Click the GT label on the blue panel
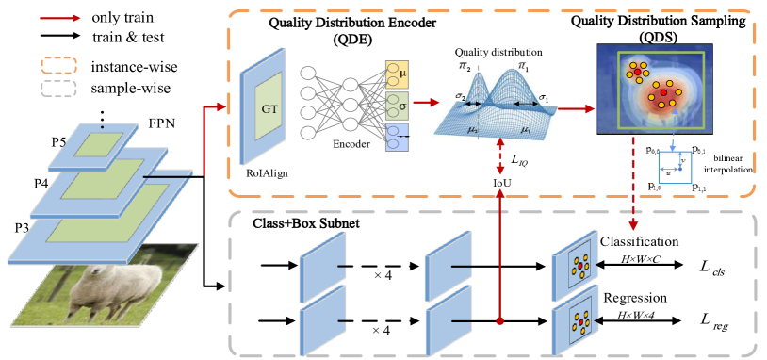click(269, 107)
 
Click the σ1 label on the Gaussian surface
click(544, 98)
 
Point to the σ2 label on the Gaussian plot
click(460, 95)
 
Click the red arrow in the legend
click(60, 18)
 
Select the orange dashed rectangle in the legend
click(58, 65)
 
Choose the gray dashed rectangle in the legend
click(58, 88)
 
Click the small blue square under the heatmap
click(675, 169)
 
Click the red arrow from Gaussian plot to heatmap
click(578, 108)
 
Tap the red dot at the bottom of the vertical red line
click(500, 321)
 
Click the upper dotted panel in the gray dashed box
click(575, 266)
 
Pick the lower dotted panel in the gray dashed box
click(575, 323)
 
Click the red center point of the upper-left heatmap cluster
click(638, 73)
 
